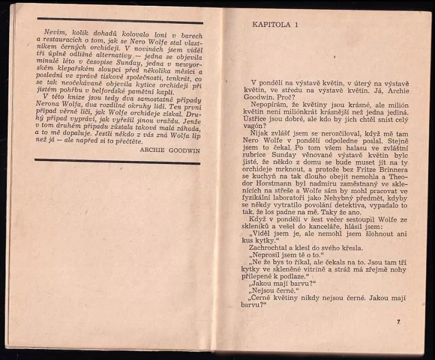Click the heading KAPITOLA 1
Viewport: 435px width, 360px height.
pyautogui.click(x=275, y=24)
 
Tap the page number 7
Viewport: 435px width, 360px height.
pyautogui.click(x=398, y=321)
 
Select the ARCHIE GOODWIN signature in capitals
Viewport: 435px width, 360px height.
pyautogui.click(x=170, y=149)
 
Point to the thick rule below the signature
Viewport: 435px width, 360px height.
pyautogui.click(x=117, y=161)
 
